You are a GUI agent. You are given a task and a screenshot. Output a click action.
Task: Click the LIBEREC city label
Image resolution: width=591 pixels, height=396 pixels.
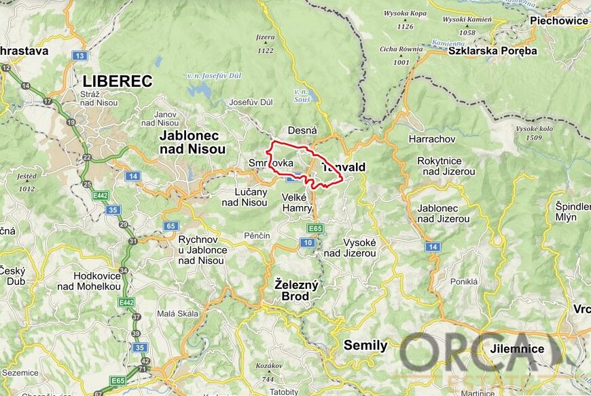click(118, 81)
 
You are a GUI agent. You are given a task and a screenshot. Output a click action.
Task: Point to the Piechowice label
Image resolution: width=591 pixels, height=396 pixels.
click(558, 20)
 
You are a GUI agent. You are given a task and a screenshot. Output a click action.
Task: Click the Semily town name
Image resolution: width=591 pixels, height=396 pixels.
click(365, 345)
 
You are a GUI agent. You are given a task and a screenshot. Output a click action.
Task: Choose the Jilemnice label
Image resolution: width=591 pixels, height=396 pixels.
click(517, 349)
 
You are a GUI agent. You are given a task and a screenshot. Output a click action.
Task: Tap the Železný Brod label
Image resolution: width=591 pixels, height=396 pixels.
click(296, 290)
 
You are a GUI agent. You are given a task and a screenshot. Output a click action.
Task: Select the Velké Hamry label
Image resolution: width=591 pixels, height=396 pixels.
click(295, 202)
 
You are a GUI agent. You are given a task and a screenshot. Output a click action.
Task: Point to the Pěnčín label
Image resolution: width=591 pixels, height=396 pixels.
click(257, 235)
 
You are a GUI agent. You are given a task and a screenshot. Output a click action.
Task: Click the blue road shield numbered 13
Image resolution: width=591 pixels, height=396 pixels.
click(81, 56)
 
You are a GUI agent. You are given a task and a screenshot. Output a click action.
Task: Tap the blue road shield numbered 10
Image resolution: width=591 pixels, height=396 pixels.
click(308, 243)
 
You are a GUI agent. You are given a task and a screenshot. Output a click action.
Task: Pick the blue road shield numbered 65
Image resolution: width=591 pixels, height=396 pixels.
click(171, 225)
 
